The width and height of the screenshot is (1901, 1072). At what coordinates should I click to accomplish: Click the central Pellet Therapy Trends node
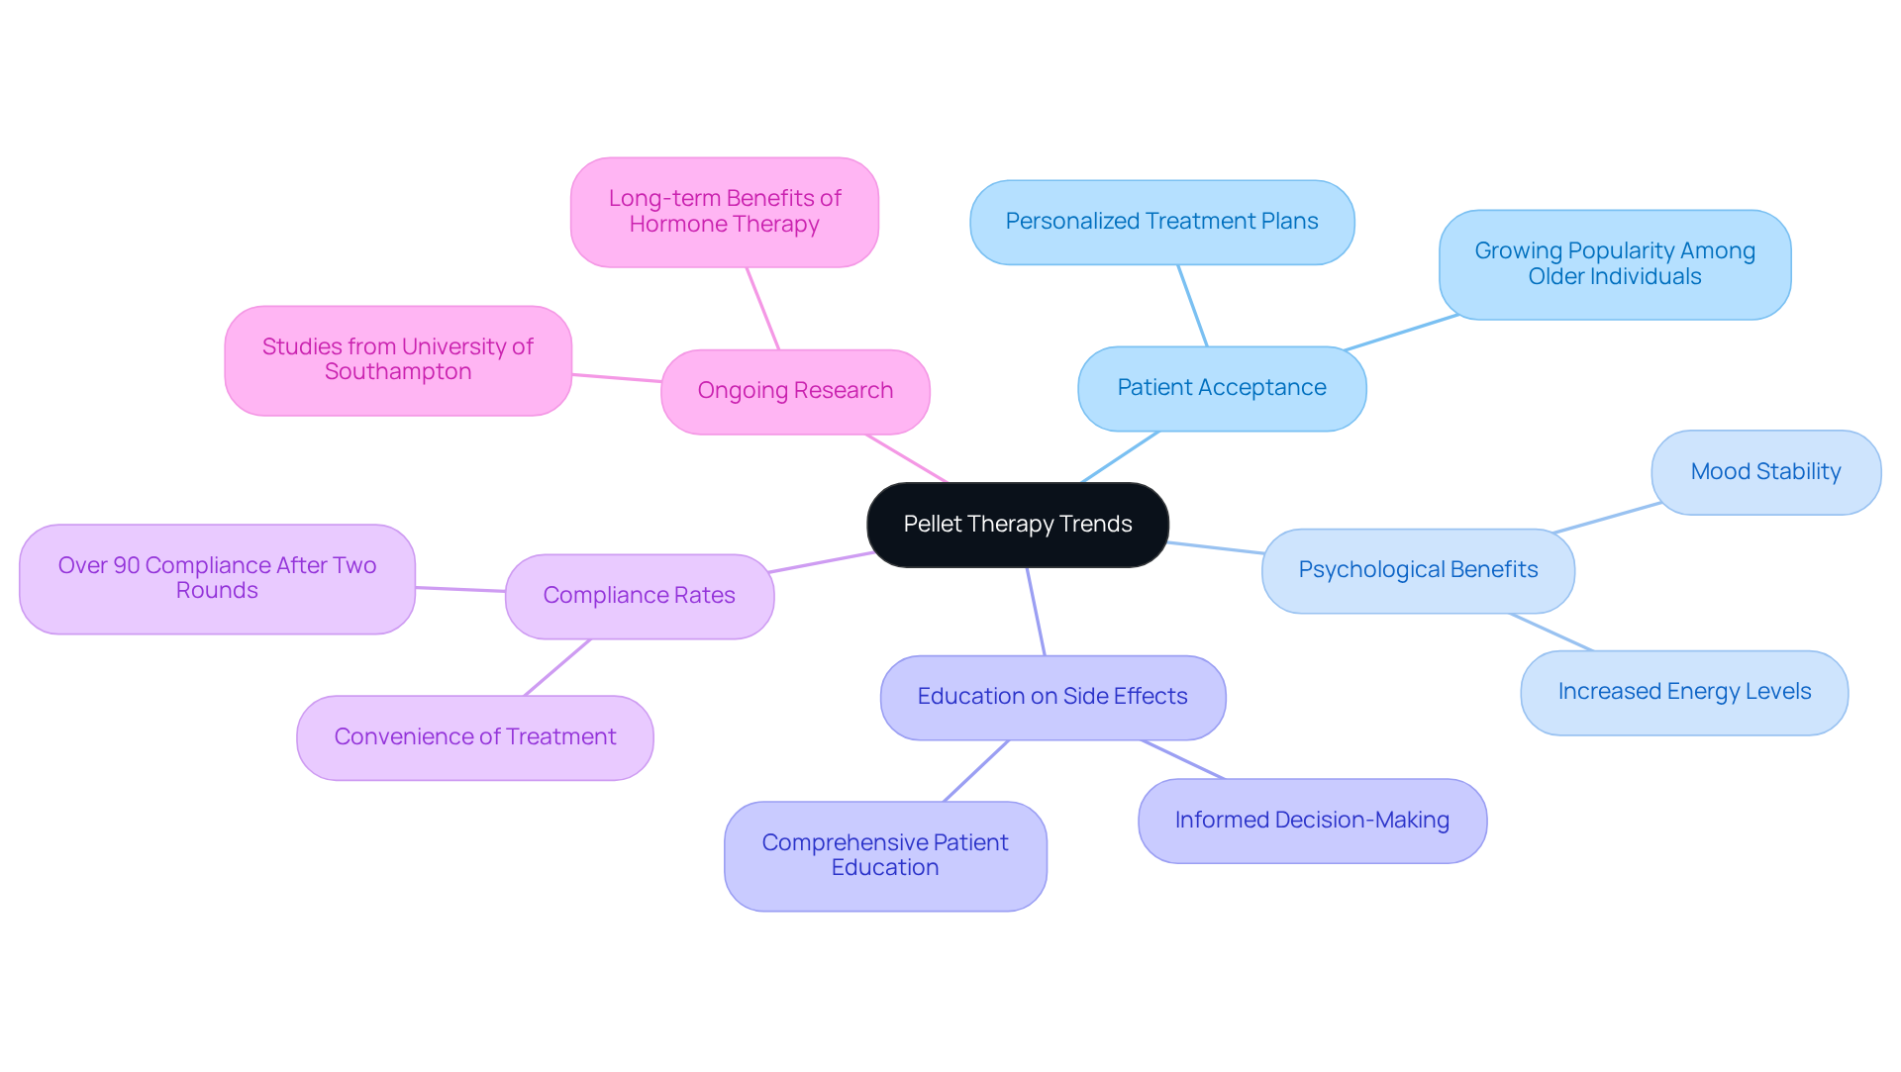(1017, 525)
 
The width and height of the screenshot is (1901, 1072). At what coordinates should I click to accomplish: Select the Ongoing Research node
(795, 391)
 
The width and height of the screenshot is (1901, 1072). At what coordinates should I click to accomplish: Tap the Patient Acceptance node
(1221, 388)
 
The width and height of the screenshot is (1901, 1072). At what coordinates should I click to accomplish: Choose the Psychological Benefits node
(1417, 570)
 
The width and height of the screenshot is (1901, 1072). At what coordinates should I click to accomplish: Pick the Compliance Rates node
(639, 596)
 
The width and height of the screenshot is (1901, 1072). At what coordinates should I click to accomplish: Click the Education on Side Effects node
(1051, 697)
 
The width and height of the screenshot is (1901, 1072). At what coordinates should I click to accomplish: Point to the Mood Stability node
(1765, 472)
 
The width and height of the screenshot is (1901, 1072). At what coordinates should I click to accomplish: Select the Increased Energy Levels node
(1683, 692)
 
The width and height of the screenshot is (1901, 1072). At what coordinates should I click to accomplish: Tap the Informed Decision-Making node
(1311, 821)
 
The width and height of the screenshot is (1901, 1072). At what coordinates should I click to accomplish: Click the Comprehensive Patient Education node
(884, 855)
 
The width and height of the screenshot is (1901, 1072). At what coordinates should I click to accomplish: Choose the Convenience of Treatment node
(474, 737)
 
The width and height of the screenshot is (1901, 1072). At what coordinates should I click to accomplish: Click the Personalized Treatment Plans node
(1161, 222)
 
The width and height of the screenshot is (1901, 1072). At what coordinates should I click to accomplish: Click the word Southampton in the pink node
(398, 372)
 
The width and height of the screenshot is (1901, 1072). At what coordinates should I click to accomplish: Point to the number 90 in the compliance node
(127, 565)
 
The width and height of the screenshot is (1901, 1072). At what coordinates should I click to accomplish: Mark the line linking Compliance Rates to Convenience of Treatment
(556, 667)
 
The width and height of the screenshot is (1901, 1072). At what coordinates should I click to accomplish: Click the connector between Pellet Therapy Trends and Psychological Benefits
(1216, 547)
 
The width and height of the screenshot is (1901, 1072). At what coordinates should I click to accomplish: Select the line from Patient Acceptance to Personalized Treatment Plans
(1192, 305)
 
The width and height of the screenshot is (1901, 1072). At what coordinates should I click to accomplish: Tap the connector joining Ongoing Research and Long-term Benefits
(762, 308)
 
